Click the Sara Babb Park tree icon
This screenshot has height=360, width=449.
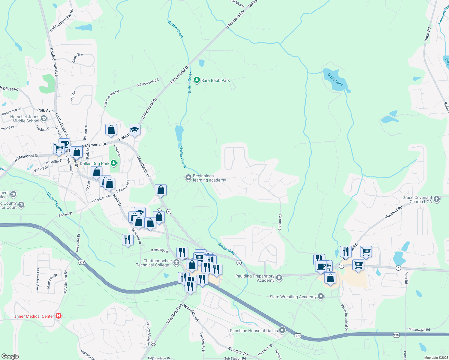pos(197,80)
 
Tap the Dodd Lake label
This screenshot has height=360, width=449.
pos(335,79)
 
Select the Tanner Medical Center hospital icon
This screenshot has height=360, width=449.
pos(59,316)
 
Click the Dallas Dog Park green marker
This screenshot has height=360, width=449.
pos(113,163)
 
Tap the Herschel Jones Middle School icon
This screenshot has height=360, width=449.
pos(44,118)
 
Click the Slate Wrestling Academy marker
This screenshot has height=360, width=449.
pos(321,297)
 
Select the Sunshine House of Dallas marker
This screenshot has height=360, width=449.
pos(282,330)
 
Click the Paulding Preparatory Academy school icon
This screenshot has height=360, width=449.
pos(279,278)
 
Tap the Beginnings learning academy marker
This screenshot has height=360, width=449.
pos(188,178)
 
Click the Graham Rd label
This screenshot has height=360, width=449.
pos(280,222)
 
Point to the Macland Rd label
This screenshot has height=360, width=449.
pos(393,212)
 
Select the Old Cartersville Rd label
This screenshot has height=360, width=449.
pos(61,20)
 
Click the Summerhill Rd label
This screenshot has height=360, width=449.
pos(419,329)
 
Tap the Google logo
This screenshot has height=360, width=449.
pos(10,356)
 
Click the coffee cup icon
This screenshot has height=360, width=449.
pos(321,266)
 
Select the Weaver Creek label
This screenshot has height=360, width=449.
pos(55,202)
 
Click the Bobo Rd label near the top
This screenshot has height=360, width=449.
pos(428,34)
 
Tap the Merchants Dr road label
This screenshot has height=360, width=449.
pos(143,167)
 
